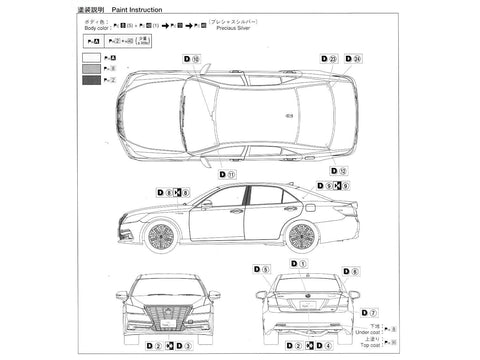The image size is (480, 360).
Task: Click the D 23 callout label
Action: pos(328,60)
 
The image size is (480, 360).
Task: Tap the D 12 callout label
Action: pos(340,171)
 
